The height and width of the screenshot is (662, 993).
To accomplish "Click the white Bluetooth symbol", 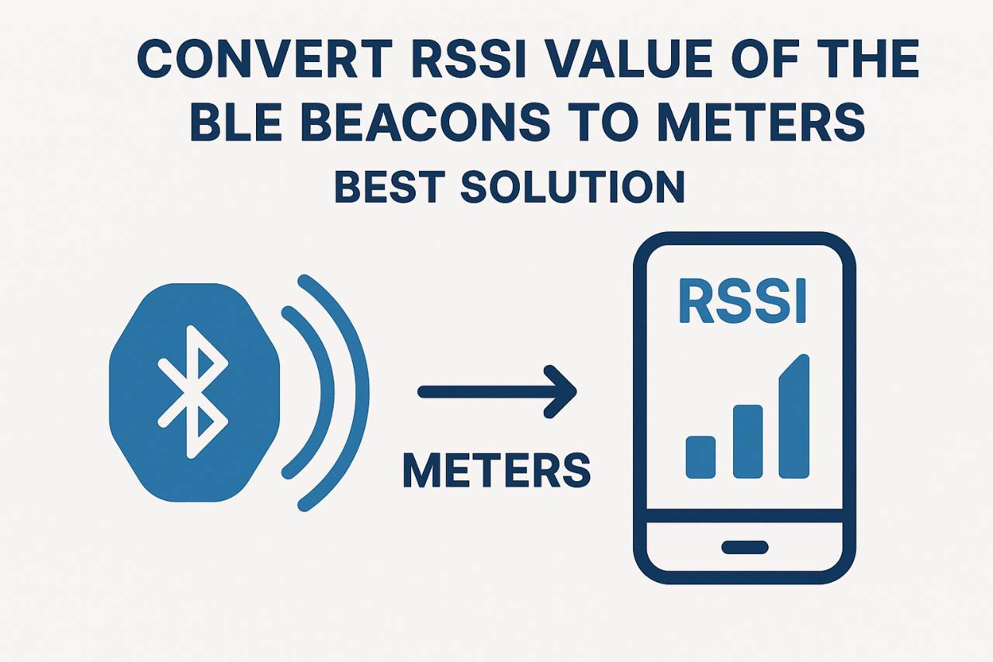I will (x=192, y=391).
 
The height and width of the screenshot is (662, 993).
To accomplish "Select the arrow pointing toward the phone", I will (x=496, y=392).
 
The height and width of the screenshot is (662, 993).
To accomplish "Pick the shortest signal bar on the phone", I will (x=701, y=457).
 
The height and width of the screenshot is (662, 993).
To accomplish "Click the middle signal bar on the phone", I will (x=748, y=441).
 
